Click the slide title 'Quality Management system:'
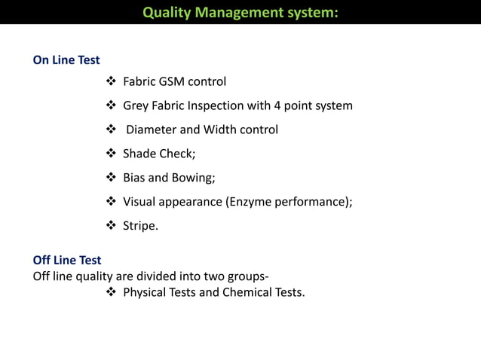240,12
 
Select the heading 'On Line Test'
66,59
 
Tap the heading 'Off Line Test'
67,261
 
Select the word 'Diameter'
152,130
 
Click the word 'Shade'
140,154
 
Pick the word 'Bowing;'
195,178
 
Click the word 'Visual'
141,202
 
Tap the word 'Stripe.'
141,226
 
